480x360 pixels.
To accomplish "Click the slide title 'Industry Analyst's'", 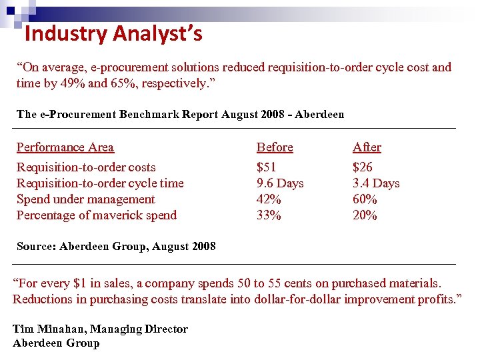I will tap(113, 33).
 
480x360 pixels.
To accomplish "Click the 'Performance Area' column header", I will tap(65, 147).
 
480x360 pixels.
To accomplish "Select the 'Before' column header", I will tap(275, 147).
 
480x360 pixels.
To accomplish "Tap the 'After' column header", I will tap(367, 147).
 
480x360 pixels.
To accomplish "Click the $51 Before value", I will tap(267, 167).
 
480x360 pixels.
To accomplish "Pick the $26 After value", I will tap(363, 167).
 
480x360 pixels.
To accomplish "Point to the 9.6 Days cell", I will tap(280, 183).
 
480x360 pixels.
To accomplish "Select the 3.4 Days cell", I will tap(376, 183).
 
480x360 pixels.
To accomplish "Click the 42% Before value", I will tap(269, 199).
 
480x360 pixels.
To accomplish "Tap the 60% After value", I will tap(365, 199).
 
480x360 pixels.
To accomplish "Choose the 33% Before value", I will tap(269, 215).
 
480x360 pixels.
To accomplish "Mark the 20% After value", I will tap(365, 215).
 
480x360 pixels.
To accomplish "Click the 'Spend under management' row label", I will tap(85, 199).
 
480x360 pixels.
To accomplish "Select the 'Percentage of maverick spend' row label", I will tap(97, 215).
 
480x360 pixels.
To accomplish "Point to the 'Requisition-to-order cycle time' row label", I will tap(100, 183).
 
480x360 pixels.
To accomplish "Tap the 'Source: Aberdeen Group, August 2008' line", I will tap(116, 246).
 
